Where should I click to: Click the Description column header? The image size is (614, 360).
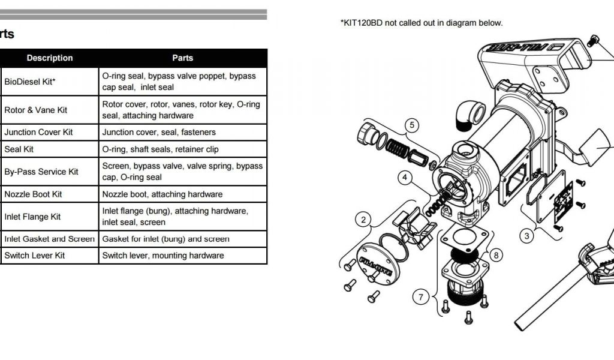[x=50, y=58]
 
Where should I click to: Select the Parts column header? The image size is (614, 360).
[x=183, y=58]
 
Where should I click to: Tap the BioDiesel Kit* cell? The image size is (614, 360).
[x=30, y=82]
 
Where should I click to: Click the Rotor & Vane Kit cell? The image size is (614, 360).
[x=36, y=110]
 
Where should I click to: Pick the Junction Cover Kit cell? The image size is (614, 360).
[x=38, y=132]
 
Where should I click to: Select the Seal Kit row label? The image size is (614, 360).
[x=19, y=149]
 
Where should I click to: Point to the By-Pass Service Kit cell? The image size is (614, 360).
[x=41, y=172]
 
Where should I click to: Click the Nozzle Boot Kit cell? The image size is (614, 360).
[x=34, y=194]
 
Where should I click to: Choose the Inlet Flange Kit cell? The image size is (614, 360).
[x=32, y=217]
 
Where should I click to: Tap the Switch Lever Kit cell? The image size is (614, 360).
[x=35, y=255]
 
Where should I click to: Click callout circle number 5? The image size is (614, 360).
[x=411, y=125]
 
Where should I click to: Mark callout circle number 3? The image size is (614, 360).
[x=527, y=236]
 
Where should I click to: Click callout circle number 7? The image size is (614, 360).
[x=422, y=296]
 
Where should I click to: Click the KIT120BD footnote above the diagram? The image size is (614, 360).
[x=422, y=23]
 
